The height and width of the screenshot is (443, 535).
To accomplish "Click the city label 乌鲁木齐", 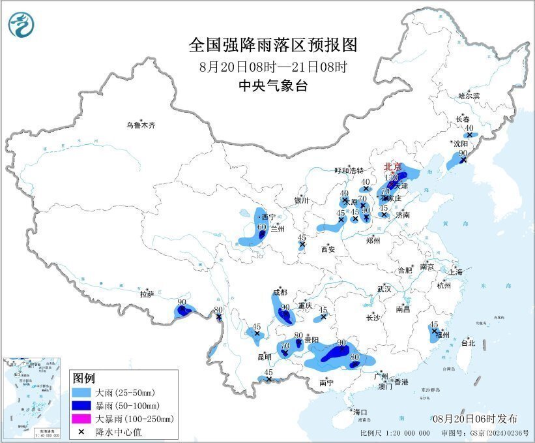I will tap(141, 125).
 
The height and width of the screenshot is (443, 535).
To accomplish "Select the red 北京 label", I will tap(393, 166).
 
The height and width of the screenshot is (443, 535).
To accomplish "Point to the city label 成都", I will tap(280, 292).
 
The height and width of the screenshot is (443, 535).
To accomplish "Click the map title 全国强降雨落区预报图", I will tap(273, 45).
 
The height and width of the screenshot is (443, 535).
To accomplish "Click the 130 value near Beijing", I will tap(391, 178).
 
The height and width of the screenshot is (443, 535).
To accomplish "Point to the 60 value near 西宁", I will tap(262, 227).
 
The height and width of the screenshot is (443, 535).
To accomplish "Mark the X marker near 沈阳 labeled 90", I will tap(463, 160).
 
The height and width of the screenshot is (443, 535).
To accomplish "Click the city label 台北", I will tap(468, 343).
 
